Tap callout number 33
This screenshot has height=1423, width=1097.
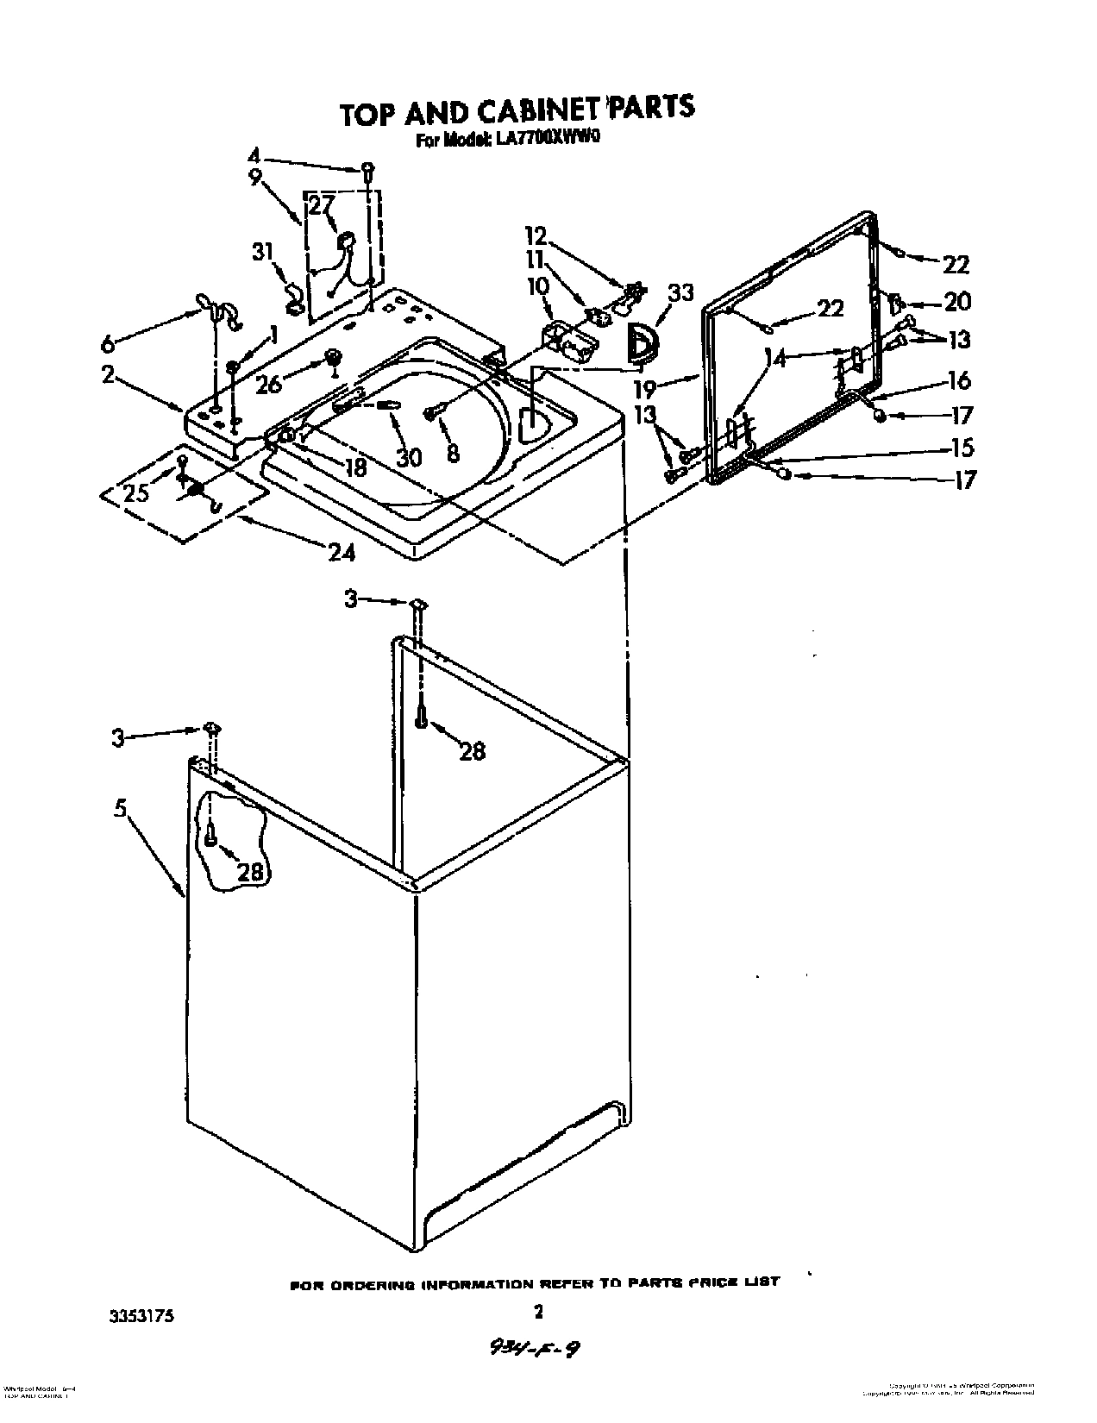(680, 293)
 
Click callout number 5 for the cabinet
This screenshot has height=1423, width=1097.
(121, 809)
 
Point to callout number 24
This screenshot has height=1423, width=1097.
(342, 551)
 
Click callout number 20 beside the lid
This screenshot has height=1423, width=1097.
(957, 301)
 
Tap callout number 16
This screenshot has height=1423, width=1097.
(959, 379)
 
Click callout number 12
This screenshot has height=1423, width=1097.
(536, 235)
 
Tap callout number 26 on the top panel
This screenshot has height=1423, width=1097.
(268, 384)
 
